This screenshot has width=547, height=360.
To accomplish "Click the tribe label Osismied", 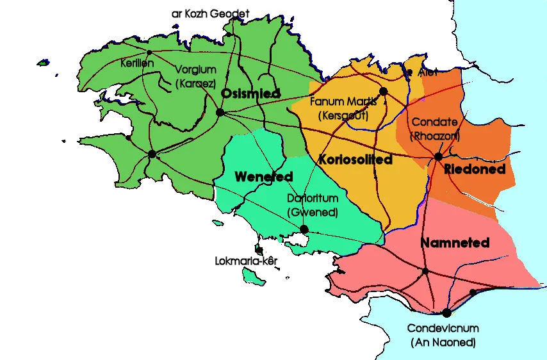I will pos(250,94).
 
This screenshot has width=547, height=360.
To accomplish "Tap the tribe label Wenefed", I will pos(264,176).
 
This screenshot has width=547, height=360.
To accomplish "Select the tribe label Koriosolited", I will pos(354,160).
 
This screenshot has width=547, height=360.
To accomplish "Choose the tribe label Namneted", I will pos(455,243).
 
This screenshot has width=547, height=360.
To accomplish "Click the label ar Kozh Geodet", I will pos(210,13).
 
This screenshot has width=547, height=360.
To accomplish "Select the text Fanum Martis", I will pos(343,102).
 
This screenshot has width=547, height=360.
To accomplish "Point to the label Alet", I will pos(427,73).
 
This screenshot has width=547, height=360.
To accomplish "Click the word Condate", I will pos(434,122).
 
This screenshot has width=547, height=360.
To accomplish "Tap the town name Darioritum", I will pos(312,199).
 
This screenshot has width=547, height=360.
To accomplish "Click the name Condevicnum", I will pos(443,329).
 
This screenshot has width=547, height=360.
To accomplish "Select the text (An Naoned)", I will pos(443,343).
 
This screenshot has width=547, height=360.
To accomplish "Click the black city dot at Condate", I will pos(438,156).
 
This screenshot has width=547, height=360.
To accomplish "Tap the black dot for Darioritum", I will pos(304,229).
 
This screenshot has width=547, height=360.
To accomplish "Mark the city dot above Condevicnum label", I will pos(446,313).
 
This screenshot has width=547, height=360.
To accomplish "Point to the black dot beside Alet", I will pos(410,72).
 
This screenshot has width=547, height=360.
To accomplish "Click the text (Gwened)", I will pos(312,212).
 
